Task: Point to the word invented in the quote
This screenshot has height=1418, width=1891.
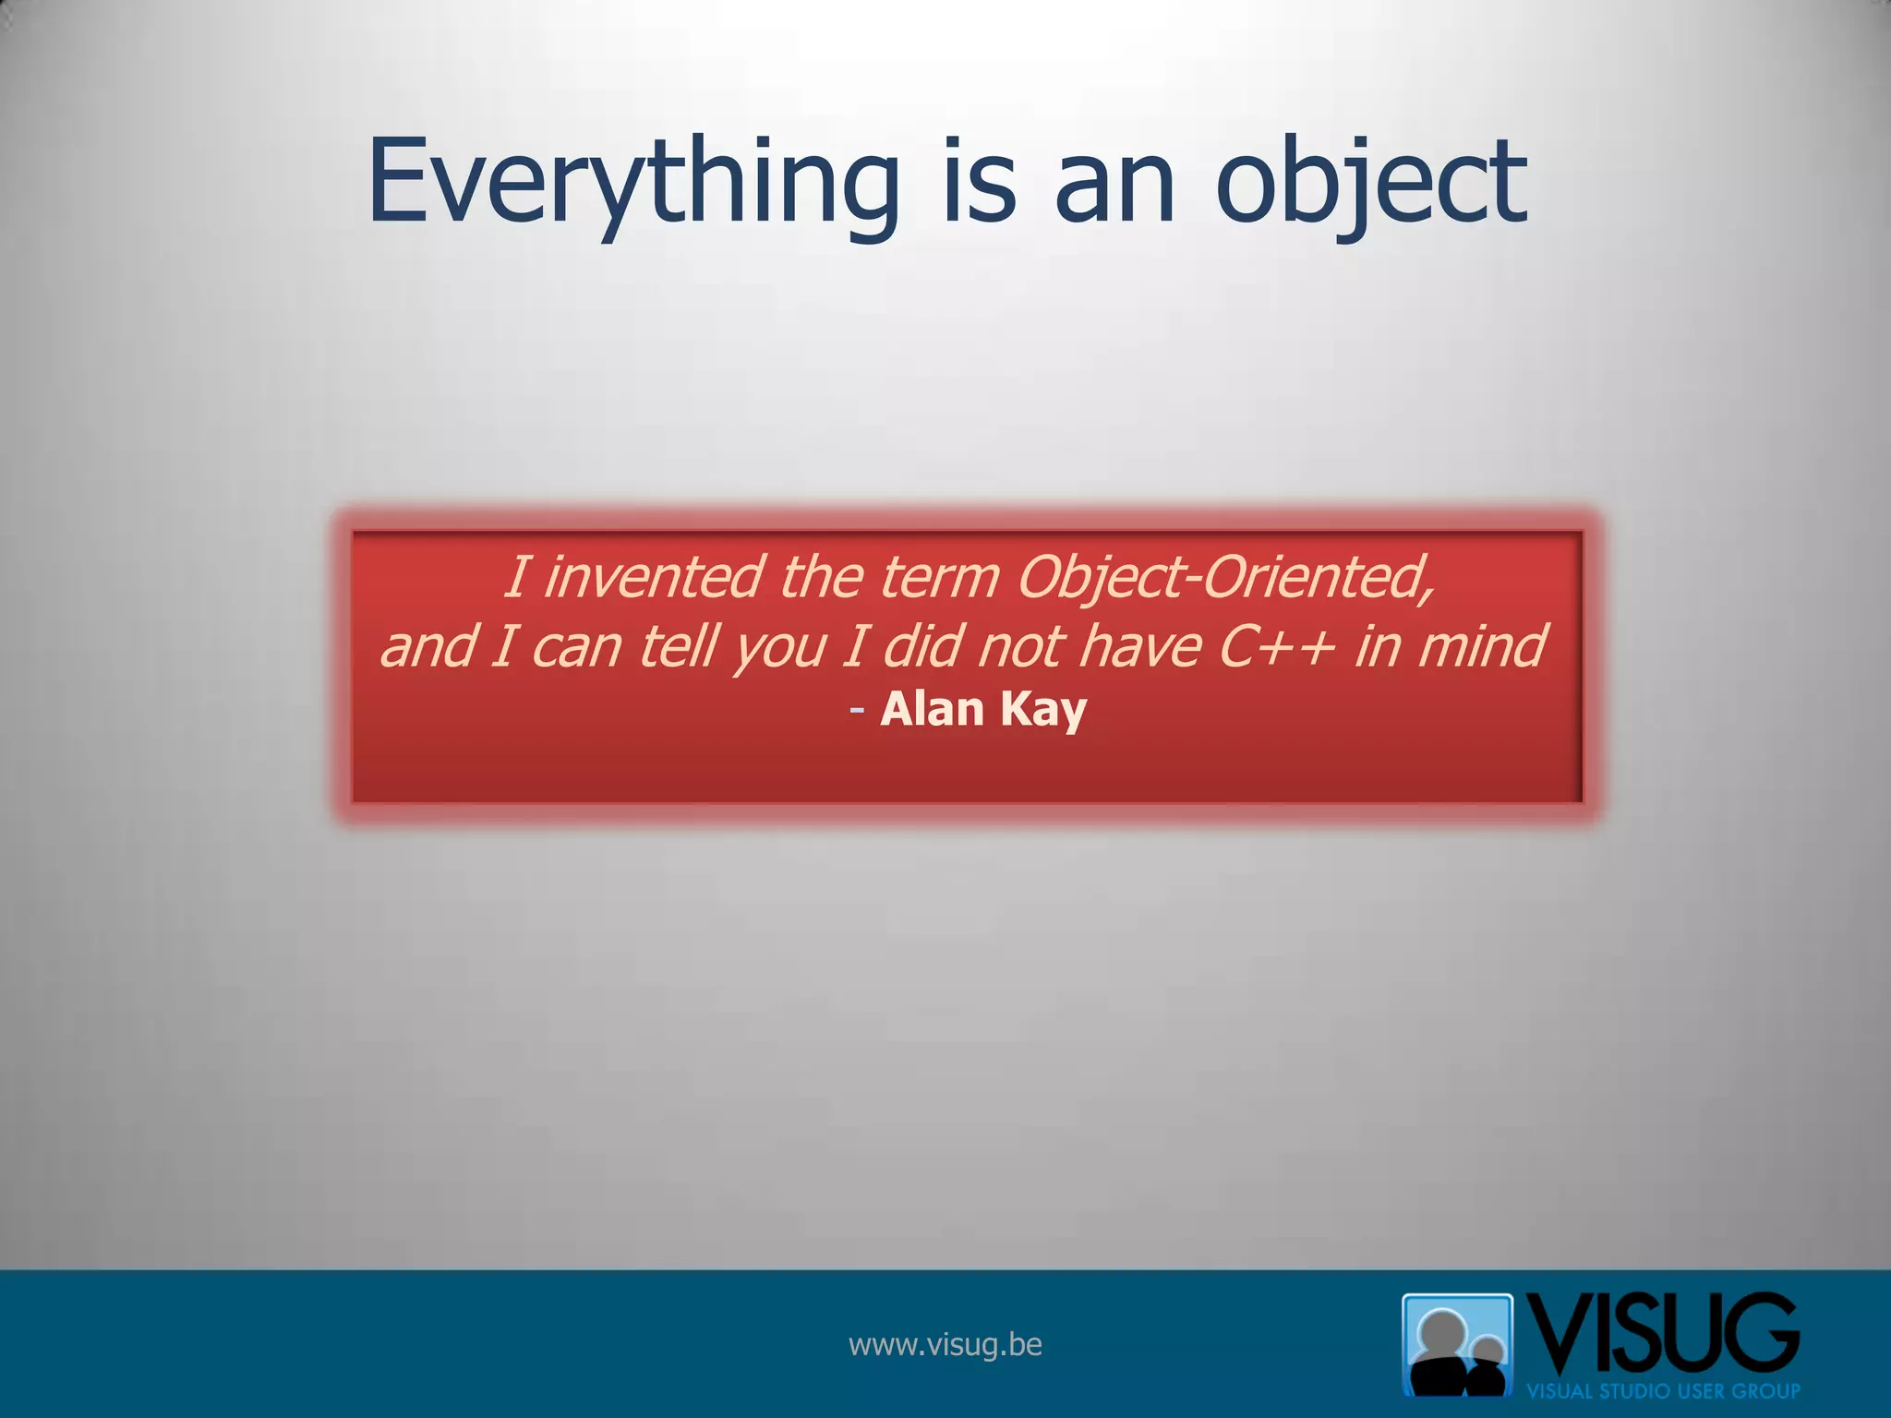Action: point(653,577)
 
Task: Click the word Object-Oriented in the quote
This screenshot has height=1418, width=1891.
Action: point(1225,577)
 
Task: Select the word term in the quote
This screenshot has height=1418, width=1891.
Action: point(940,577)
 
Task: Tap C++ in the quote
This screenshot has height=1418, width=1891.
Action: point(1277,646)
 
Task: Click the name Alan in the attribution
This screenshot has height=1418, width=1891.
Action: point(933,709)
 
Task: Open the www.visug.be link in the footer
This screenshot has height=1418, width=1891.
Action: point(945,1344)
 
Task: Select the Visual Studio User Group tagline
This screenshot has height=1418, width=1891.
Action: point(1662,1391)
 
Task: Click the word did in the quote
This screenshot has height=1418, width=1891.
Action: point(923,646)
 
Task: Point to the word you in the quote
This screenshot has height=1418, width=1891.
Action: point(780,646)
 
